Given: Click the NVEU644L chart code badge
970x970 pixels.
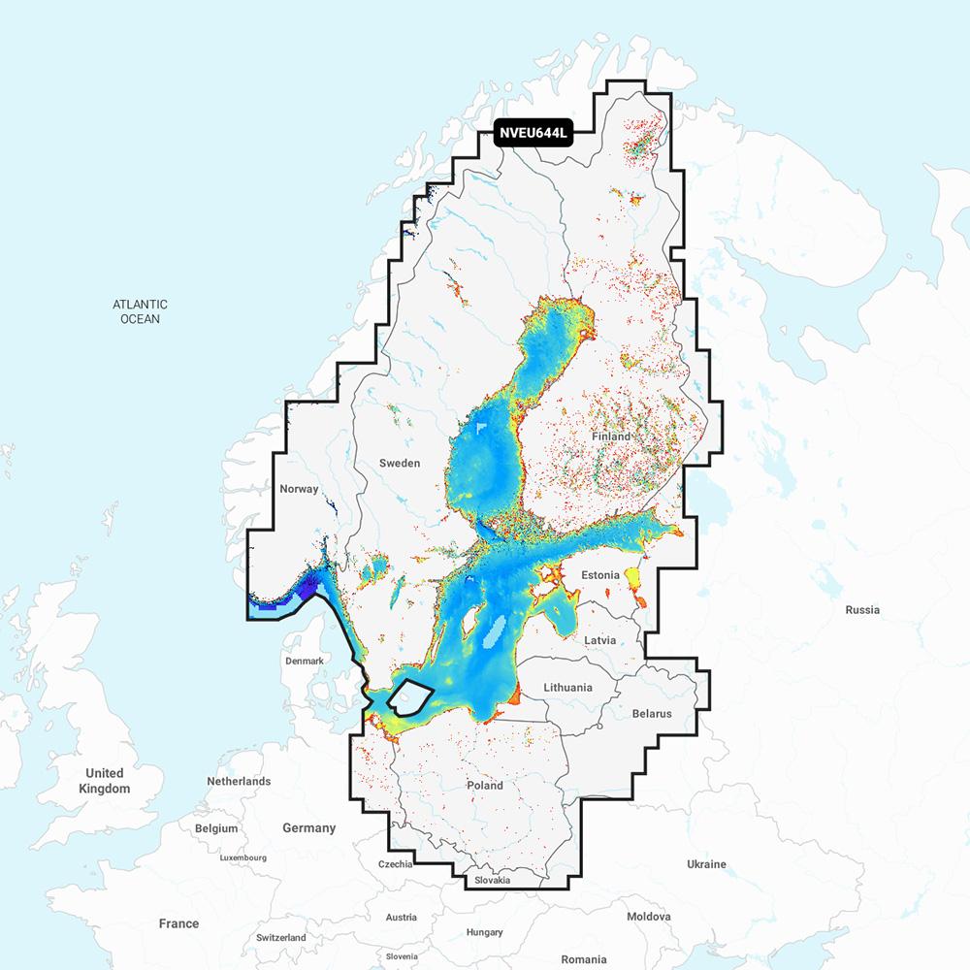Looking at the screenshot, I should click(533, 134).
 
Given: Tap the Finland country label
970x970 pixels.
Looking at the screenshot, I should click(611, 436).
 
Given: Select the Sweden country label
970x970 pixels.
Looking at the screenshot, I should click(400, 463).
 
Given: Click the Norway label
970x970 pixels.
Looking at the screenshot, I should click(298, 489).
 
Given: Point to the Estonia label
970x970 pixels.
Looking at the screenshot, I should click(599, 575).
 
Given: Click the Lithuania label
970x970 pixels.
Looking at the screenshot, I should click(567, 687).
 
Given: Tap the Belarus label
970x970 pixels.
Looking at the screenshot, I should click(651, 713).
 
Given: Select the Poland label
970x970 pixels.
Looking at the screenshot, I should click(485, 785).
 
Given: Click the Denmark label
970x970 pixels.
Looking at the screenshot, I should click(304, 661).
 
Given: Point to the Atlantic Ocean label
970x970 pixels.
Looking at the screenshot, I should click(140, 311).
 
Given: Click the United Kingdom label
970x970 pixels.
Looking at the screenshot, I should click(104, 781).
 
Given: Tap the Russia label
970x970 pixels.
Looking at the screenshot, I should click(861, 610).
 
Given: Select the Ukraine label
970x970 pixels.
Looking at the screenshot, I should click(706, 863).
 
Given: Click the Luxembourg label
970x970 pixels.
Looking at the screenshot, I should click(242, 857).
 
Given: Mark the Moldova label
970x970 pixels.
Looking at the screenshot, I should click(648, 916).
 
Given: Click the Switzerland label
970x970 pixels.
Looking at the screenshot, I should click(280, 938).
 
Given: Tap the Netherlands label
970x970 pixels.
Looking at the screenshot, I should click(239, 781).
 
